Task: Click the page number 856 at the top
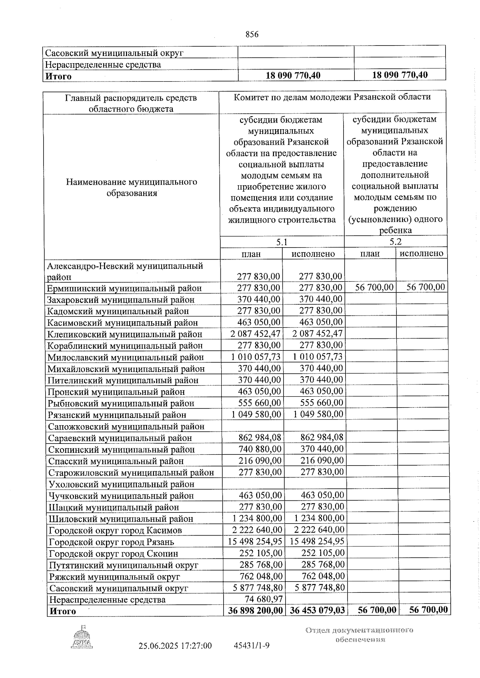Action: point(252,34)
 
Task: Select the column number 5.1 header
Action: point(282,242)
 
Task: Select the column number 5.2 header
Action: point(395,242)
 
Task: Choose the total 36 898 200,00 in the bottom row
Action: point(256,611)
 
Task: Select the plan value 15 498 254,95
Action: point(256,542)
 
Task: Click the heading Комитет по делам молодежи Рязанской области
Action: point(332,97)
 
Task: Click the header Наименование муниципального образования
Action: point(131,187)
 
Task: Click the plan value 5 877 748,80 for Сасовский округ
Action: point(258,588)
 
